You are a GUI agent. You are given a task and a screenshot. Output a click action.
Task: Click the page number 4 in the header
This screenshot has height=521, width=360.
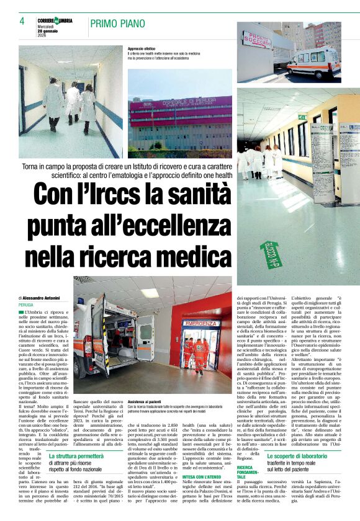pos(22,22)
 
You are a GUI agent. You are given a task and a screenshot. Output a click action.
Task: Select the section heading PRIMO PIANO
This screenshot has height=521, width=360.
pos(117,24)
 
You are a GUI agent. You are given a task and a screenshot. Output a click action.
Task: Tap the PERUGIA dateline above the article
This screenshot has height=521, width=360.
pos(26,306)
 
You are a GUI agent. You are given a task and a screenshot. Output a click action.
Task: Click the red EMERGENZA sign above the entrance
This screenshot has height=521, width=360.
pos(201,324)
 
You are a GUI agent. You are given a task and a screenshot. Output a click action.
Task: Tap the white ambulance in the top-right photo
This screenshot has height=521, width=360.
pos(313,62)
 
